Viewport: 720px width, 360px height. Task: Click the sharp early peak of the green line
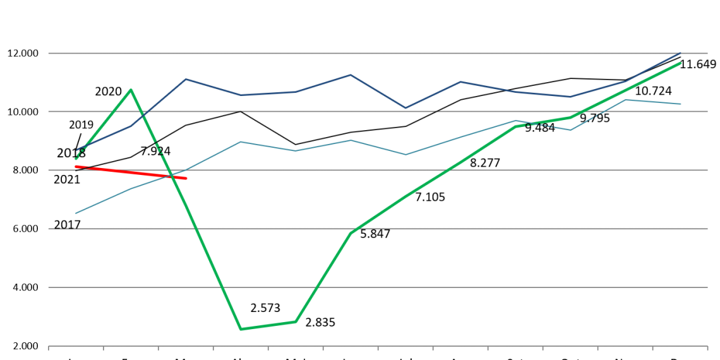(x=131, y=90)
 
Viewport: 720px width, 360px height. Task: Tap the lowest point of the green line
(x=241, y=329)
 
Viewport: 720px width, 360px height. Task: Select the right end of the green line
(x=681, y=63)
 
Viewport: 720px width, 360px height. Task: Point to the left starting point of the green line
(x=76, y=158)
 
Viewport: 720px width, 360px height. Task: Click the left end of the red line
(x=76, y=166)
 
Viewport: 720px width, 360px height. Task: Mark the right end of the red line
(x=187, y=179)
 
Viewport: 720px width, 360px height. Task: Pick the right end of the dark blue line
(x=681, y=52)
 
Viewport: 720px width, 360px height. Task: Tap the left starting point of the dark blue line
(x=77, y=150)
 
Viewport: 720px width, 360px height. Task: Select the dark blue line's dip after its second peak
(x=405, y=108)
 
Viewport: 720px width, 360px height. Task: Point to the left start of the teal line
(x=76, y=213)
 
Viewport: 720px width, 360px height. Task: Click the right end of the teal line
(x=681, y=104)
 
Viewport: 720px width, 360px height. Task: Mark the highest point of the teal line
(x=625, y=100)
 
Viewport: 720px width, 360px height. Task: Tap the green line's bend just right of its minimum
(x=296, y=321)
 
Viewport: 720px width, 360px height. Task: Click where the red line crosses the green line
(x=172, y=177)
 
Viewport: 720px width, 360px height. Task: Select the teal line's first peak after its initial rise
(x=241, y=141)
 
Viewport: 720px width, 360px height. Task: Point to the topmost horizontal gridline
(x=379, y=53)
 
